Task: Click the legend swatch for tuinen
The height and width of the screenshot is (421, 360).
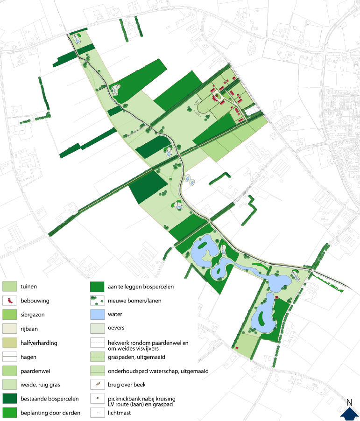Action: tap(10, 287)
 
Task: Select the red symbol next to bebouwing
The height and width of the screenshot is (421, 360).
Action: tap(10, 301)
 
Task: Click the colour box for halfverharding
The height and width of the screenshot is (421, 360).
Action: tap(10, 343)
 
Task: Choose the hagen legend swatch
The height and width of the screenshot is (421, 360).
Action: tap(10, 357)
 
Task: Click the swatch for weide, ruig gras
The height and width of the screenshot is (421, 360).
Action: tap(10, 385)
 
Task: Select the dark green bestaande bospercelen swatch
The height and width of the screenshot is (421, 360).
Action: tap(10, 399)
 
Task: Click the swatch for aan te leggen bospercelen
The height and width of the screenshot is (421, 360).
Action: tap(97, 287)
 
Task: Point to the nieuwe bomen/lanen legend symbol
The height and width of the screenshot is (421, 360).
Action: tap(97, 301)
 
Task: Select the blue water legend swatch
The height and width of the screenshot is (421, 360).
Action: tap(97, 315)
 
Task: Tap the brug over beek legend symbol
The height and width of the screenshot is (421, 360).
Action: tap(97, 385)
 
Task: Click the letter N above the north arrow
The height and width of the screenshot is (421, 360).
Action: tap(349, 402)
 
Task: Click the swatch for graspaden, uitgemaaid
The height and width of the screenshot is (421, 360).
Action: tap(97, 357)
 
